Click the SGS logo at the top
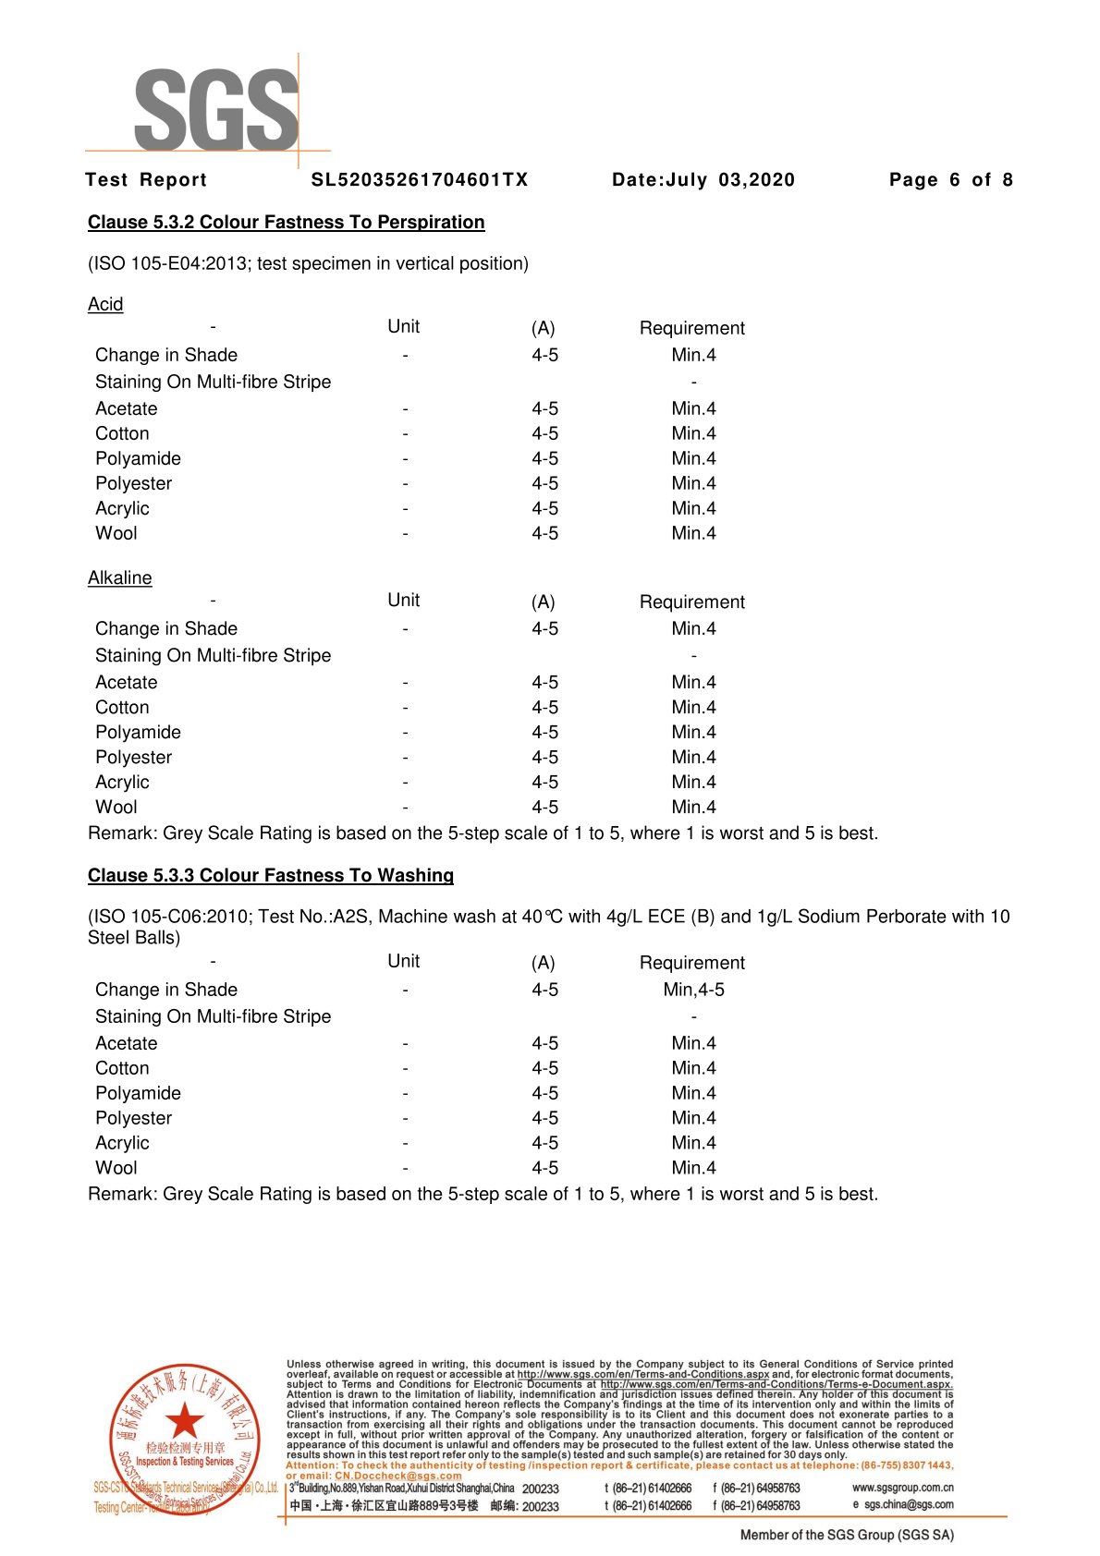tap(216, 109)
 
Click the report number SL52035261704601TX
tap(420, 180)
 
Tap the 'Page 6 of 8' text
tap(950, 180)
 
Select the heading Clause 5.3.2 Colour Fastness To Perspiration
tap(286, 223)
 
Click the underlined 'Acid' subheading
tap(105, 304)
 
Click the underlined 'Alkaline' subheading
tap(119, 577)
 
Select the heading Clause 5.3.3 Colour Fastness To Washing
tap(271, 875)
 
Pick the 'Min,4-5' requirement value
tap(693, 990)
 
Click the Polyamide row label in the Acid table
tap(138, 458)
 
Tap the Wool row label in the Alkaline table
tap(116, 807)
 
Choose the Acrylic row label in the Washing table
tap(122, 1143)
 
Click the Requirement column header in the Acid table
tap(691, 328)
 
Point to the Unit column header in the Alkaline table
tap(403, 600)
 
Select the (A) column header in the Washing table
tap(543, 963)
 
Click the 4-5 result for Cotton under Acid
tap(544, 433)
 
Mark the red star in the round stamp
tap(185, 1420)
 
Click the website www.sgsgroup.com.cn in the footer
tap(902, 1488)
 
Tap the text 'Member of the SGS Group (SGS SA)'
tap(847, 1535)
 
